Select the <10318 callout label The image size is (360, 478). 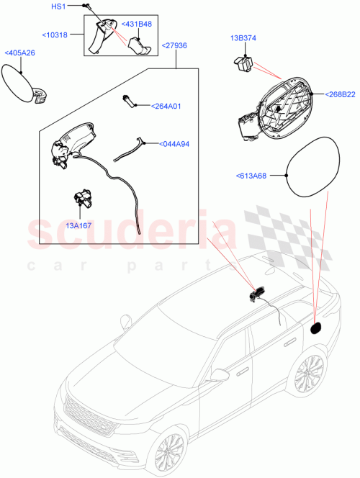tap(55, 34)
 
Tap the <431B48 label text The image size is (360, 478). tap(135, 24)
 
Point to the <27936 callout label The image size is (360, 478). tap(174, 45)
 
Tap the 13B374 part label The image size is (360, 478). tap(243, 37)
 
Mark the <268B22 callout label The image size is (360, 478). tap(340, 94)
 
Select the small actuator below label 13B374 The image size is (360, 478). tap(245, 63)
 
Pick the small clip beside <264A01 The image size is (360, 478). tap(130, 100)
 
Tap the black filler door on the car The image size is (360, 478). tap(315, 328)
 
